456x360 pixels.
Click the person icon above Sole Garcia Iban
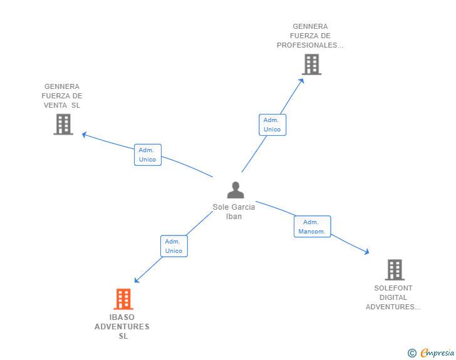[235, 190]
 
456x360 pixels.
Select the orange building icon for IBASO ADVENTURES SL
[123, 299]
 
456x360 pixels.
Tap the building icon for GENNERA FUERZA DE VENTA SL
[63, 124]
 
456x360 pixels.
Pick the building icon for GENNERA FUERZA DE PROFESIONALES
[311, 64]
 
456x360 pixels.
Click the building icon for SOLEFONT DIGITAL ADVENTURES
[394, 270]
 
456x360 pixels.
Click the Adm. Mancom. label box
[312, 227]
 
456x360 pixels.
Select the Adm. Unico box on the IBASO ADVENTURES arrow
[174, 246]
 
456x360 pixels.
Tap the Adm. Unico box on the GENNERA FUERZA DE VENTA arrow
[147, 155]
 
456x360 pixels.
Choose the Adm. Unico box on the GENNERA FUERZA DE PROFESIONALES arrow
[272, 125]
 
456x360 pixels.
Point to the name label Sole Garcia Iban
[234, 212]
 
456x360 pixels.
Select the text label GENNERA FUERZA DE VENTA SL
[62, 96]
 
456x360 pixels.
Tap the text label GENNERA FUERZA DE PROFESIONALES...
[310, 36]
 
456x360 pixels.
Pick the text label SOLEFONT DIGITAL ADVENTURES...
[393, 297]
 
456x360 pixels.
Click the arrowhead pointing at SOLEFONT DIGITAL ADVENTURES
[367, 252]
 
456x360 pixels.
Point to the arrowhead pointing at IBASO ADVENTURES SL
[137, 280]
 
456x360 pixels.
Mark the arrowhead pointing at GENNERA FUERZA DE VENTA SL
[85, 134]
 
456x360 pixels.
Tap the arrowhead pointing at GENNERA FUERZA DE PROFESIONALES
[302, 80]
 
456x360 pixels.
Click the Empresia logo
[437, 352]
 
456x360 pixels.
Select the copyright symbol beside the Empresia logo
[412, 353]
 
